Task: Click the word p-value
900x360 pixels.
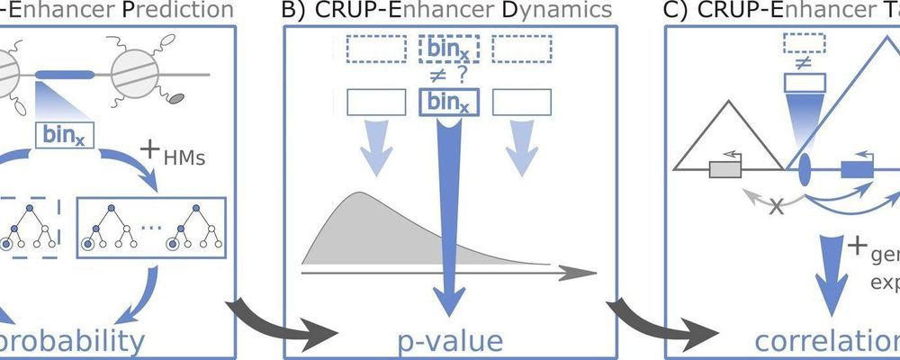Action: point(448,340)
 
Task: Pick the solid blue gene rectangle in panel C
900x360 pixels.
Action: point(851,168)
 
